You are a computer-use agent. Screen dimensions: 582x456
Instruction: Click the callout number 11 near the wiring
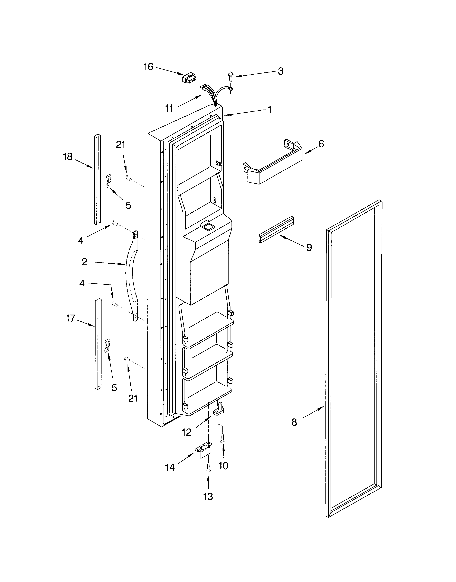click(x=169, y=108)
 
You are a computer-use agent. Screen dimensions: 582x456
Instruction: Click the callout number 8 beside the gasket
click(x=294, y=422)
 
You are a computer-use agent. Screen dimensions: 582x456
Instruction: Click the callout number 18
click(x=68, y=157)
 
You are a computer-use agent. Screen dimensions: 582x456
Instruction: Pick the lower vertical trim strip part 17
click(x=98, y=344)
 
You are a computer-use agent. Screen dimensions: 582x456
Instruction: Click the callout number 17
click(x=71, y=318)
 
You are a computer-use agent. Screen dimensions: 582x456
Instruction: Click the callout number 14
click(x=170, y=467)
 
